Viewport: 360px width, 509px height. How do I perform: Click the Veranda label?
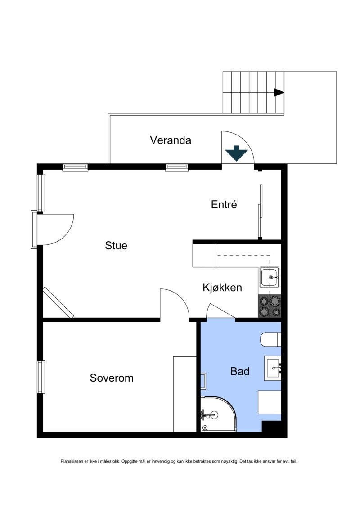[x=170, y=140]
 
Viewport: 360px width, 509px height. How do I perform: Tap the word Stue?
[x=116, y=246]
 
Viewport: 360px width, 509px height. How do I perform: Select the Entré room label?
[x=224, y=205]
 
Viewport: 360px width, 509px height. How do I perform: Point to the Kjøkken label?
[x=222, y=288]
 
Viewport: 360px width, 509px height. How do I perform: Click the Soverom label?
[x=112, y=378]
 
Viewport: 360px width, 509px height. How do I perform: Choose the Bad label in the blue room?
[x=240, y=372]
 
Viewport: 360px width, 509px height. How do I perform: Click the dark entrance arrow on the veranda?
[x=237, y=153]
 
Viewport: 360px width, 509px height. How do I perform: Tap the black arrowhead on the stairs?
[x=279, y=92]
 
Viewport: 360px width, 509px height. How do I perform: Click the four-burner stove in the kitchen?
[x=270, y=306]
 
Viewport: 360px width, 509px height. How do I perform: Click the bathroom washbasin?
[x=273, y=368]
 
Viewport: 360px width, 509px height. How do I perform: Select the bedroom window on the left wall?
[x=41, y=377]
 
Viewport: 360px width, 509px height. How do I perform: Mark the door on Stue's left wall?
[x=54, y=230]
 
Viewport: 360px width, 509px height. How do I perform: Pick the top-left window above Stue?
[x=75, y=167]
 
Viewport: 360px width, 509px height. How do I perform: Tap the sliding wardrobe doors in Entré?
[x=260, y=212]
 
